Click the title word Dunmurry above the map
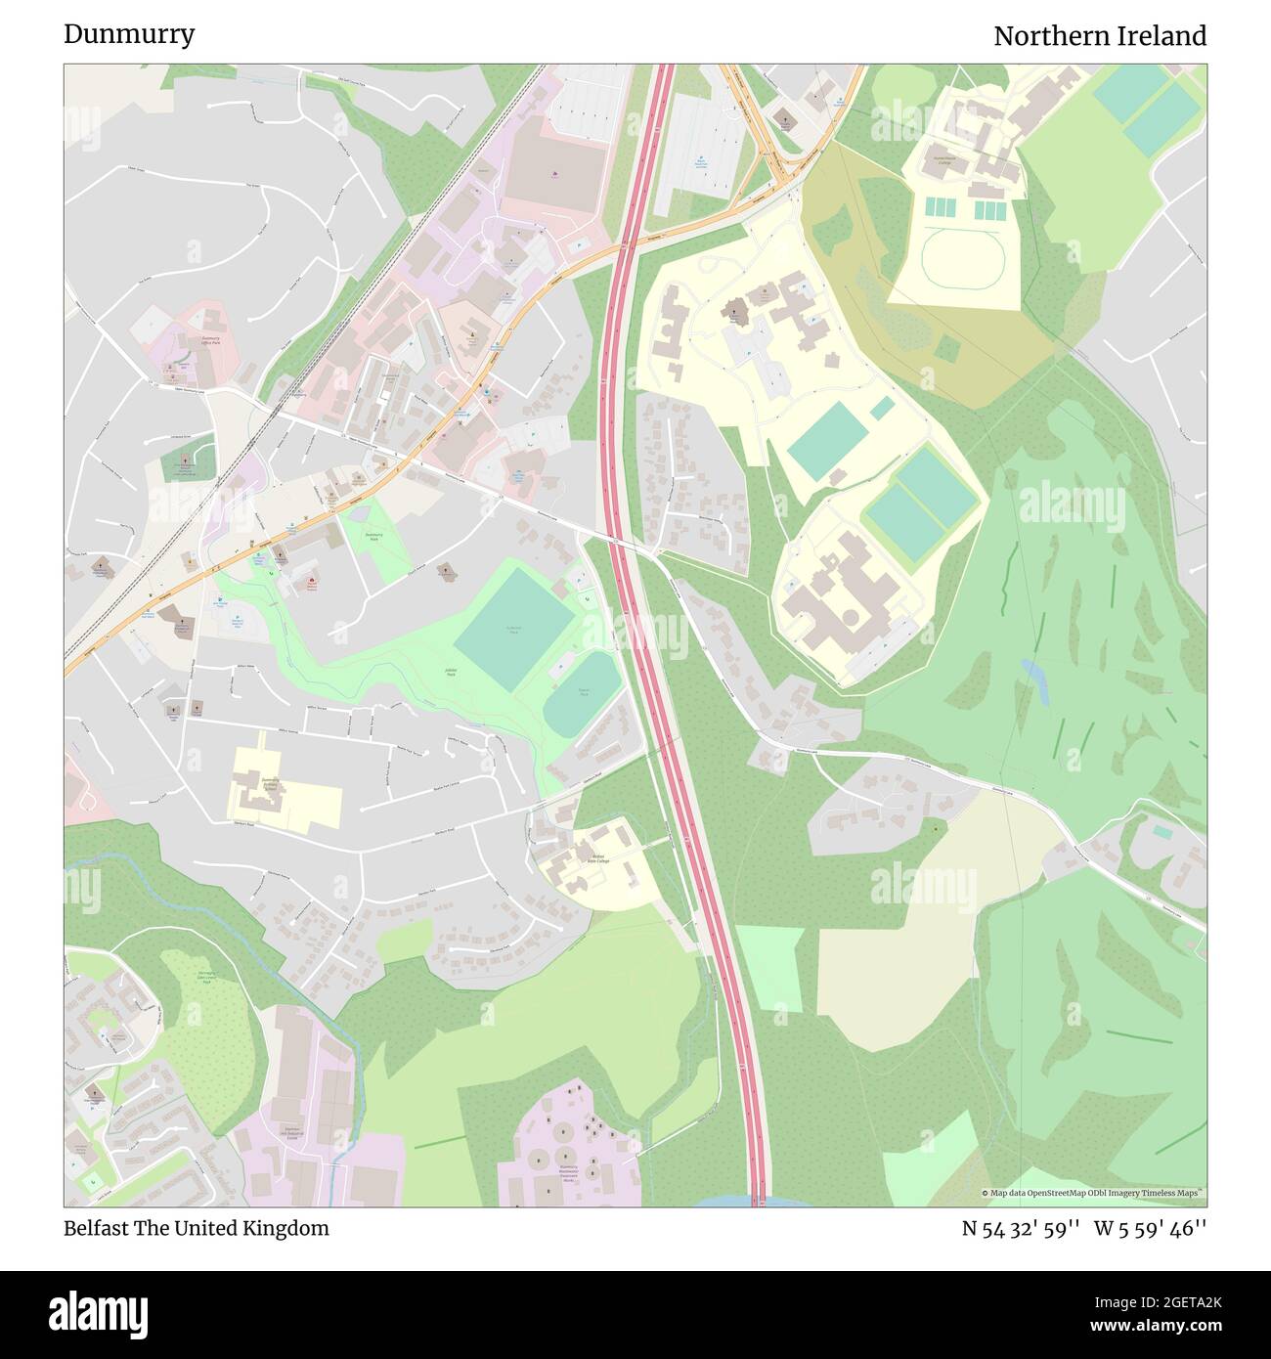129,34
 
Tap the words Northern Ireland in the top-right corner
1099,36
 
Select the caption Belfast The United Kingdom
196,1228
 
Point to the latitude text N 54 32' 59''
1020,1228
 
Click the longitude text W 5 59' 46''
1150,1228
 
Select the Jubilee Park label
451,674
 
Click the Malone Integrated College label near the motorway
598,858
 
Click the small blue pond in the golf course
1034,680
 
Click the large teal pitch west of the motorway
515,625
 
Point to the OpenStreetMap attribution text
1093,1193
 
